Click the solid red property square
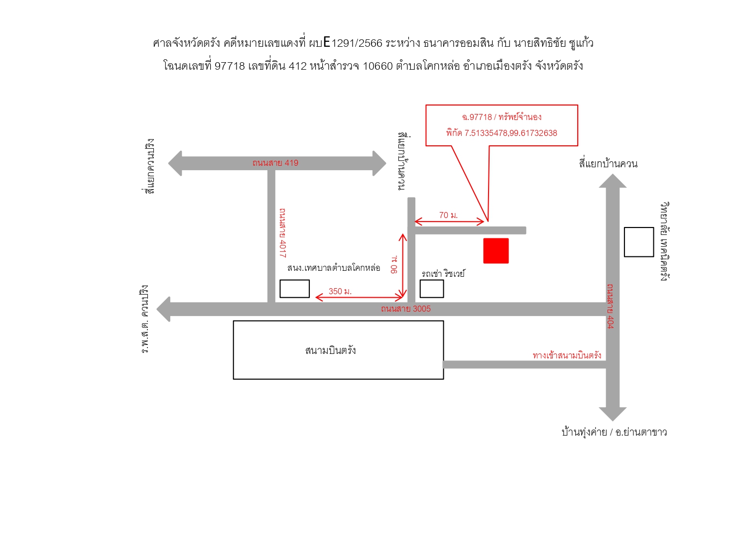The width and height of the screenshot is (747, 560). (x=496, y=250)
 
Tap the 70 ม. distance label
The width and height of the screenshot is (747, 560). (x=448, y=215)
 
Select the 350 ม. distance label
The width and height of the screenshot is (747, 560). (x=340, y=291)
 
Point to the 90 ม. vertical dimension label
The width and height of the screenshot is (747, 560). (x=394, y=264)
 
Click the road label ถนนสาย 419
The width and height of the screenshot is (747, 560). (x=275, y=163)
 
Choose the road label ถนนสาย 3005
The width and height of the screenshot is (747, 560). (x=406, y=309)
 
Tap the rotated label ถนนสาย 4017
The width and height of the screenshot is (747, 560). (x=282, y=233)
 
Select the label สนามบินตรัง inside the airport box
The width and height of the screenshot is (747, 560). (x=331, y=350)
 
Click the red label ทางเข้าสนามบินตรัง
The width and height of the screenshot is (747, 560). (x=567, y=355)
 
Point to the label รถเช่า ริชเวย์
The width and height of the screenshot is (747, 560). (x=443, y=273)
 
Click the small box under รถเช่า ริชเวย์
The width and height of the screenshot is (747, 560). (x=432, y=289)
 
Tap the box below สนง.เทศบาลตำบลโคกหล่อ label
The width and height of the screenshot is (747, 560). (x=295, y=289)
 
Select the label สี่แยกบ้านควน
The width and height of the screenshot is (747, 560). (x=608, y=164)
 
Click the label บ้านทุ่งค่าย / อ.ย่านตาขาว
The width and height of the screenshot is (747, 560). (x=614, y=432)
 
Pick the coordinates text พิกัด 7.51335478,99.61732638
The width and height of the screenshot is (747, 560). (x=501, y=133)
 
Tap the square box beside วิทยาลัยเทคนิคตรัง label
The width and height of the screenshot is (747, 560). (x=639, y=242)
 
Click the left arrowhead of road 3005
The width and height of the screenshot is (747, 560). (x=163, y=309)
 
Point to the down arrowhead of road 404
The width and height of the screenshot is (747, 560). (x=613, y=414)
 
